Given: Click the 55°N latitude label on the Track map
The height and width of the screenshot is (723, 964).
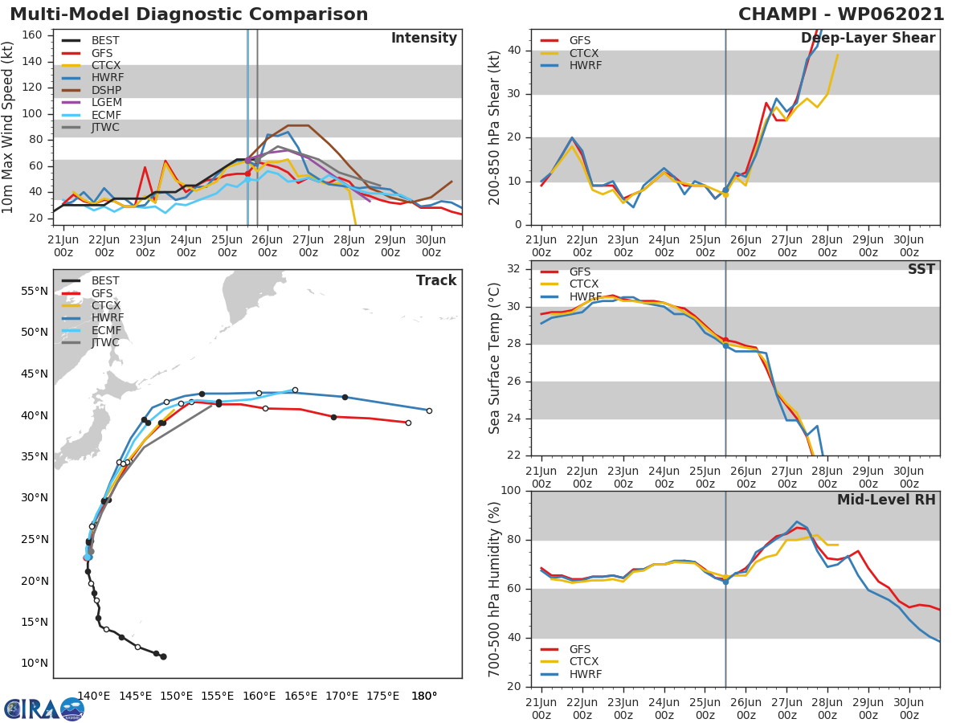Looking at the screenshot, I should pyautogui.click(x=35, y=291).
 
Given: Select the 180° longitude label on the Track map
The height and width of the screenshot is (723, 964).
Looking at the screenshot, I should pyautogui.click(x=424, y=696).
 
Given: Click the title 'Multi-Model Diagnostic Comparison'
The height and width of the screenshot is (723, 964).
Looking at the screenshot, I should pyautogui.click(x=189, y=14).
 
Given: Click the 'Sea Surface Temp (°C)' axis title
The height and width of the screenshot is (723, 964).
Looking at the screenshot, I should pyautogui.click(x=495, y=359).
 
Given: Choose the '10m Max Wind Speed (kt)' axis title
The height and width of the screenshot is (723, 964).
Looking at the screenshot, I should pyautogui.click(x=9, y=128).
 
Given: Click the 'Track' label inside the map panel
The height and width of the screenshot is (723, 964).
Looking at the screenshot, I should pyautogui.click(x=436, y=281).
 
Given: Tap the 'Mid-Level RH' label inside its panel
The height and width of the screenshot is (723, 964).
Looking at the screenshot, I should pyautogui.click(x=886, y=500).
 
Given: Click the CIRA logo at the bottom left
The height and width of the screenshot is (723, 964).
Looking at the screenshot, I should pyautogui.click(x=43, y=709).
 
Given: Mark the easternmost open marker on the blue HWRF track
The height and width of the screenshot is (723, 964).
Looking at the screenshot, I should pyautogui.click(x=429, y=411).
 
